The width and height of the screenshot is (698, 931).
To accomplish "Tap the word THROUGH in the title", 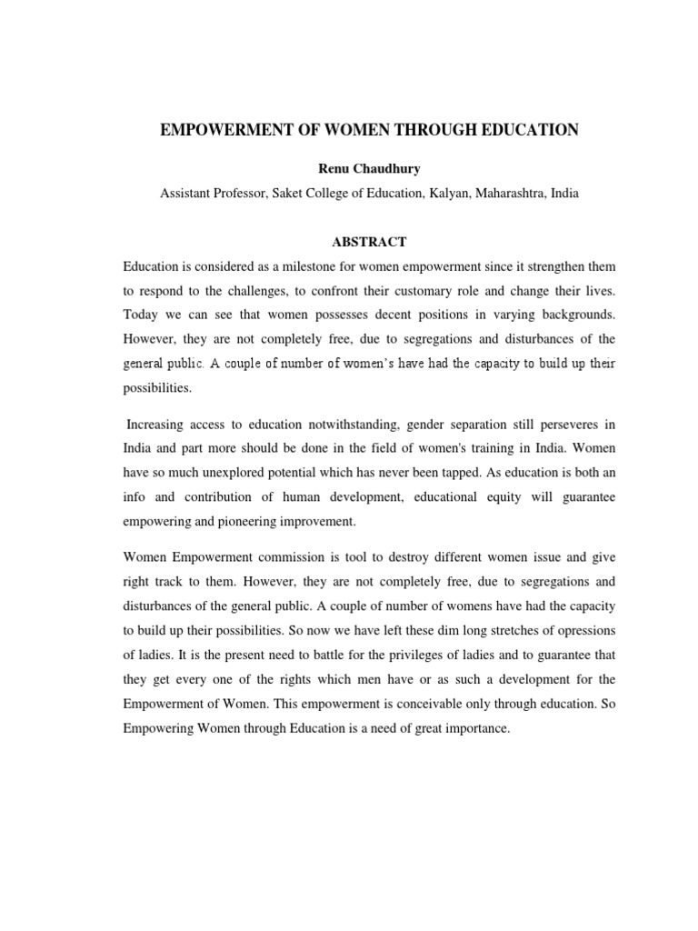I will pos(424,131).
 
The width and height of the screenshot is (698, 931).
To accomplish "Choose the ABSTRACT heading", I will pos(368,242).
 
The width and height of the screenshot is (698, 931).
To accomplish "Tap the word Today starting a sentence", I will pos(142,315).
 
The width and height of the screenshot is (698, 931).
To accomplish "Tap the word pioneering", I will pos(260,522).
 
